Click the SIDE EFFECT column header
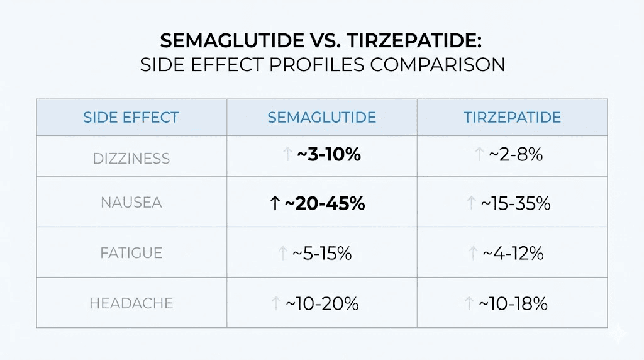pyautogui.click(x=131, y=118)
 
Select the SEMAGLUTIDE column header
pyautogui.click(x=321, y=118)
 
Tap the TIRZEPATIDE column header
pyautogui.click(x=512, y=118)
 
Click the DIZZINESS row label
pyautogui.click(x=131, y=158)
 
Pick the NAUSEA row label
pyautogui.click(x=131, y=203)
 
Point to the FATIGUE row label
pyautogui.click(x=131, y=253)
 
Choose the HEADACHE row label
pyautogui.click(x=131, y=303)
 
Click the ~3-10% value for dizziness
pyautogui.click(x=328, y=155)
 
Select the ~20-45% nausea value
pyautogui.click(x=325, y=203)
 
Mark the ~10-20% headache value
pyautogui.click(x=322, y=303)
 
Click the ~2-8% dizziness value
pyautogui.click(x=516, y=155)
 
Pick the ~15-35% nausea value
pyautogui.click(x=516, y=203)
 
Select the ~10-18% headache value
pyautogui.click(x=513, y=303)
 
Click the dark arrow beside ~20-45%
pyautogui.click(x=274, y=203)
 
